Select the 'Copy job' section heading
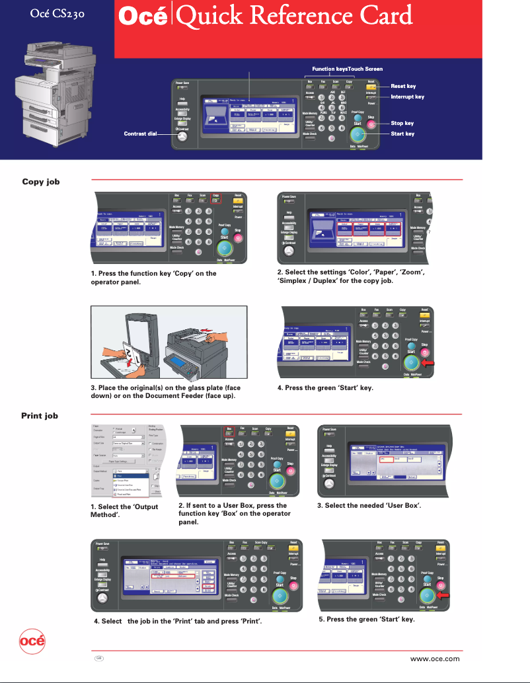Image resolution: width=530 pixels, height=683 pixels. coord(41,181)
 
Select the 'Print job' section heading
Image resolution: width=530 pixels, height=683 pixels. coord(40,416)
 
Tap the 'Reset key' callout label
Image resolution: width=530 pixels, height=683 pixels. coord(403,86)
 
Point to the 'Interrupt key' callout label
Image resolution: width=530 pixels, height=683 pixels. coord(407,97)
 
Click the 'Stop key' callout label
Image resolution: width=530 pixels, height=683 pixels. coord(402,123)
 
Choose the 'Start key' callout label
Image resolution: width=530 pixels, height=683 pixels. coord(402,134)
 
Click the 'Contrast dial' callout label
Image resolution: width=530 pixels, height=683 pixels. coord(140,134)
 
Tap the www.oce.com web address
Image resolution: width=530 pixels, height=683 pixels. coord(435,658)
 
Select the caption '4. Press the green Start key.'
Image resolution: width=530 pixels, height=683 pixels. coord(325,387)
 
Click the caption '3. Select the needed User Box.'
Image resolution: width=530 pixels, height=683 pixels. coord(369,506)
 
